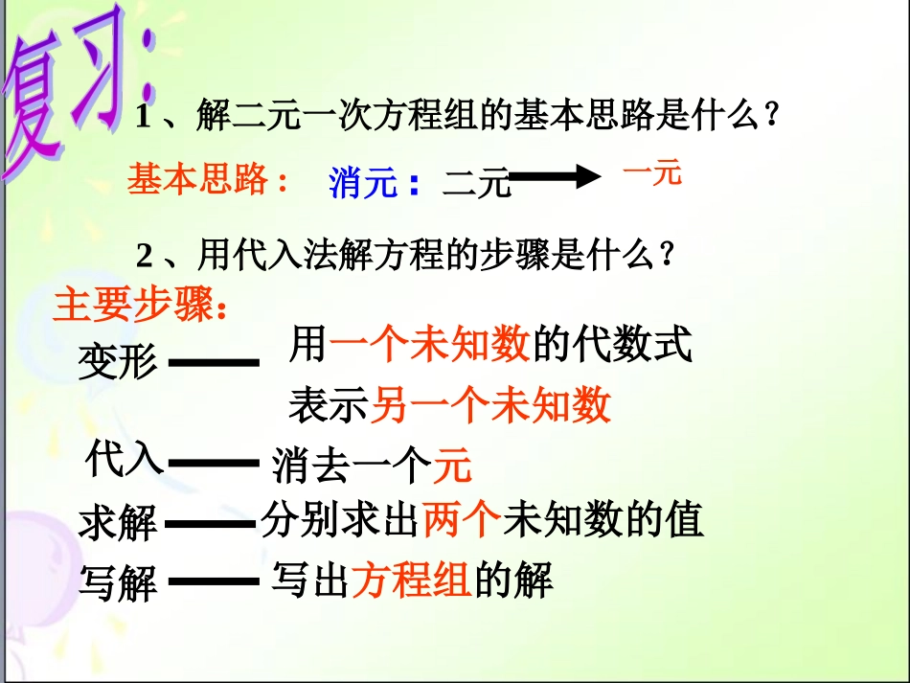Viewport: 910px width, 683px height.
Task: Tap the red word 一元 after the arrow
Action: pyautogui.click(x=651, y=173)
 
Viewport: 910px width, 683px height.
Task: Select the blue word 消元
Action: pyautogui.click(x=363, y=181)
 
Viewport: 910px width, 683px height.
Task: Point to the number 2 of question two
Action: pyautogui.click(x=145, y=256)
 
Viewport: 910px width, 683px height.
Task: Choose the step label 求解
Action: pyautogui.click(x=118, y=523)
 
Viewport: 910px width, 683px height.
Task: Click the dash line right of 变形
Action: pyautogui.click(x=214, y=363)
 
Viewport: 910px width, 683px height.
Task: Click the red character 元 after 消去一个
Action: pyautogui.click(x=453, y=467)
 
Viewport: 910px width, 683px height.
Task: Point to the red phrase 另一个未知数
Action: pyautogui.click(x=490, y=406)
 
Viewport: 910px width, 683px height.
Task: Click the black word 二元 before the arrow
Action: pyautogui.click(x=476, y=182)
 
